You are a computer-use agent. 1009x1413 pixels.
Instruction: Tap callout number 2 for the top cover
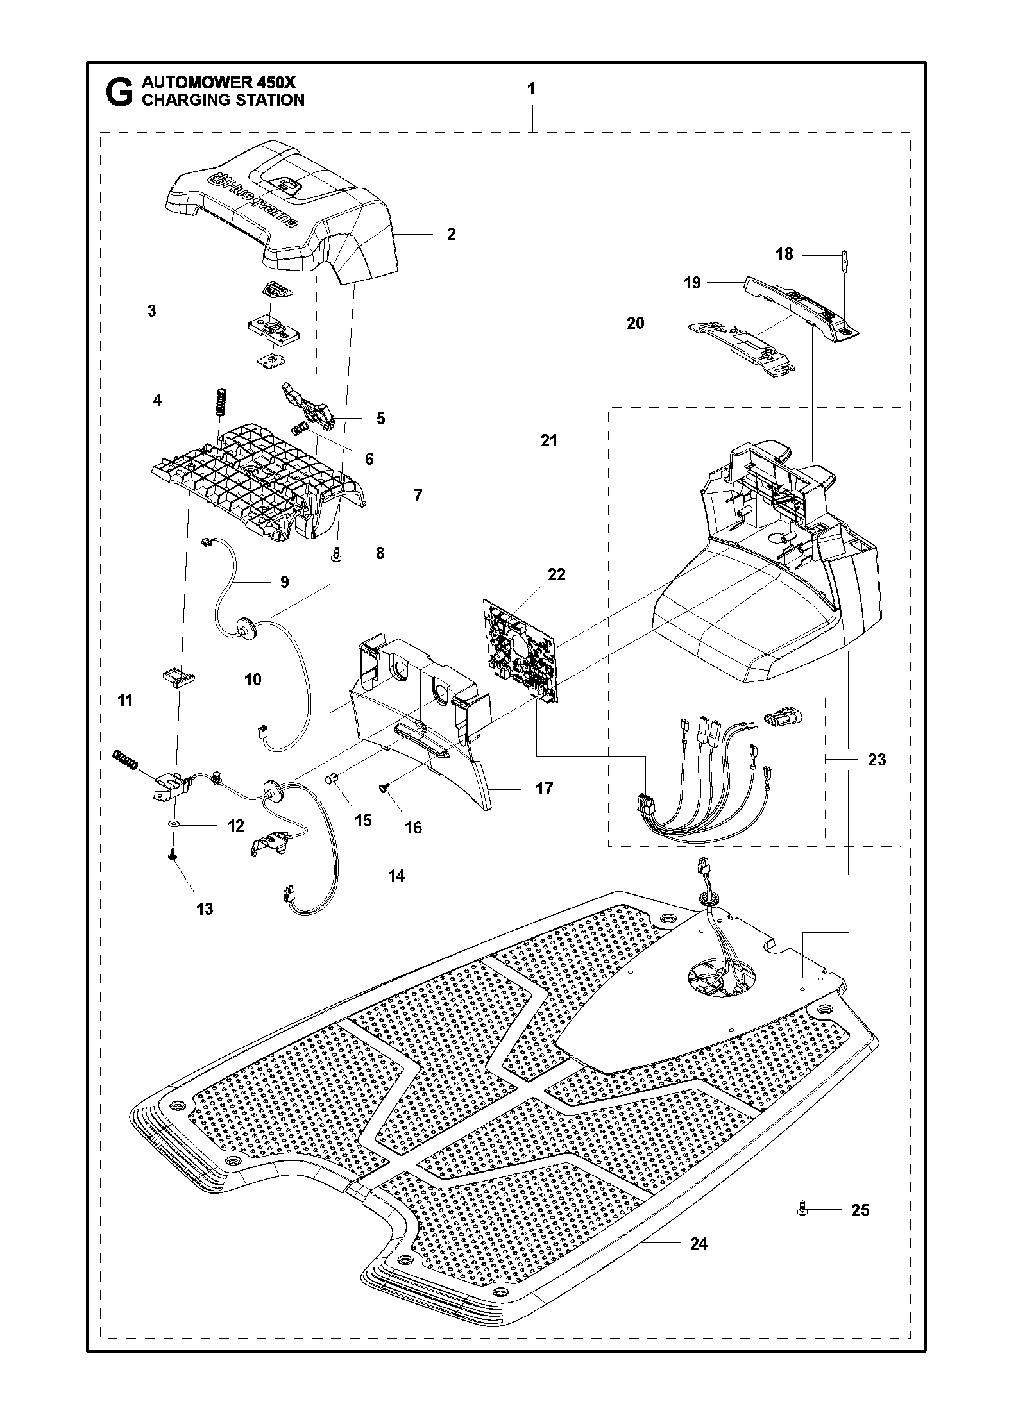point(452,234)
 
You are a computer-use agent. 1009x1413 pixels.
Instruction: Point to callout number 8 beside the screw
point(380,553)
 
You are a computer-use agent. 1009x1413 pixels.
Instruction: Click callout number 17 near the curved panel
point(544,789)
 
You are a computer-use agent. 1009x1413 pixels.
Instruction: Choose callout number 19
point(693,283)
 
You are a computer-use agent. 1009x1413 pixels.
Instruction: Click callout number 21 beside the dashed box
point(550,440)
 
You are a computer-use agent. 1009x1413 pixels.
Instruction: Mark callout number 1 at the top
point(531,89)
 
